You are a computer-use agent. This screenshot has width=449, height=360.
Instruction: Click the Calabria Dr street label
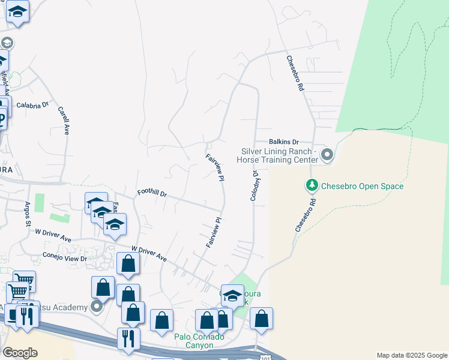[x=32, y=104]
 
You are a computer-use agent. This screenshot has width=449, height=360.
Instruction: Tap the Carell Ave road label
[x=64, y=120]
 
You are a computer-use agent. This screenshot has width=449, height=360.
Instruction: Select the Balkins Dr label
[x=284, y=142]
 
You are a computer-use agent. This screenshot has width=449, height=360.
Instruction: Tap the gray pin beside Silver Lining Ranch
[x=327, y=155]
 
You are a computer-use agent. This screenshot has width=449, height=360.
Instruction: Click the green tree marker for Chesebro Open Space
[x=312, y=186]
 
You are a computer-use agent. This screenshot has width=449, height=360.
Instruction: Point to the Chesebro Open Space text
[x=362, y=187]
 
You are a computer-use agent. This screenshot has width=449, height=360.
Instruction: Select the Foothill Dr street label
[x=152, y=193]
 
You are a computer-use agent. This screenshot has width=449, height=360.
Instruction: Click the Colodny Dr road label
[x=254, y=185]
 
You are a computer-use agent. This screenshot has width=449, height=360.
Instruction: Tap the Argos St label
[x=28, y=214]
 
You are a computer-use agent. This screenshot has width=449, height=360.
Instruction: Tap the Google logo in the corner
[x=20, y=353]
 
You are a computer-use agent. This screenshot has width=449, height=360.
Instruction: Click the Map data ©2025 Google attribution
[x=412, y=355]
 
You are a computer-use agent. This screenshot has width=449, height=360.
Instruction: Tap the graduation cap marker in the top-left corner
[x=18, y=12]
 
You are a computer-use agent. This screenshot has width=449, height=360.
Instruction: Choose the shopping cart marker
[x=24, y=280]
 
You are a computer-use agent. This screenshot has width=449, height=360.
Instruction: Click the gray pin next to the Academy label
[x=97, y=308]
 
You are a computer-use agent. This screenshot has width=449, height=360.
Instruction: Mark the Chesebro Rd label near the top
[x=295, y=73]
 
